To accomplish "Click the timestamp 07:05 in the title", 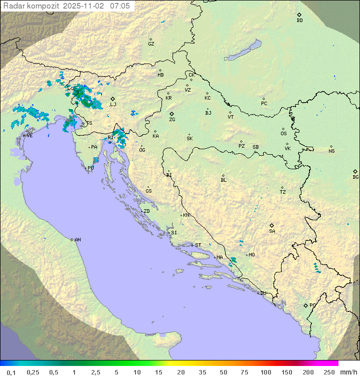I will (119, 6).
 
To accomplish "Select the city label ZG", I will (172, 120).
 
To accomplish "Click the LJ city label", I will (113, 104).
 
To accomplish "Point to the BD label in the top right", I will (299, 21).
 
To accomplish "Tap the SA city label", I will (272, 231).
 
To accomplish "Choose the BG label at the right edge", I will (355, 177).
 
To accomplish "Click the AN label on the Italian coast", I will (77, 240).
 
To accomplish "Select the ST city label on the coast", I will (198, 245).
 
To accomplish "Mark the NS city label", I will (331, 151).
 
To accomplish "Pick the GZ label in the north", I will (151, 44).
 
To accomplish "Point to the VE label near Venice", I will (29, 136).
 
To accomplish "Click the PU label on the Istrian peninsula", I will (90, 168).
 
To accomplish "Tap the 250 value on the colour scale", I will (329, 372).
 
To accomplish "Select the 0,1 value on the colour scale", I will (11, 372).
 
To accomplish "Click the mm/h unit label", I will (348, 372).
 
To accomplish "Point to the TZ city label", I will (283, 192).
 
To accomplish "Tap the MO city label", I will (251, 254).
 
